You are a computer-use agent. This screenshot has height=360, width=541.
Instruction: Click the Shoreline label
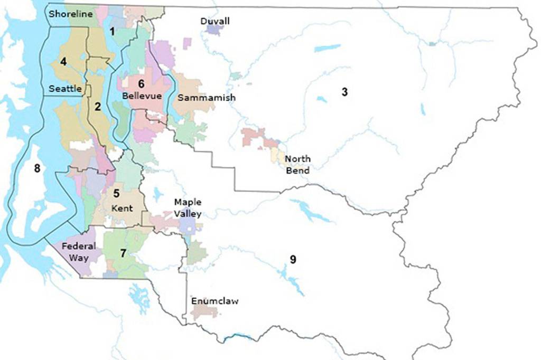pos(71,14)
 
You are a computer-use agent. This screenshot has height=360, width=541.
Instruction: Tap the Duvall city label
pos(215,21)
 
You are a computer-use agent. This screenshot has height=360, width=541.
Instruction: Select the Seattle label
pos(65,89)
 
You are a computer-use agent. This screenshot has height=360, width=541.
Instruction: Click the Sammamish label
pos(207,98)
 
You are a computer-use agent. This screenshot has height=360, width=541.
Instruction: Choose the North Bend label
pos(297,164)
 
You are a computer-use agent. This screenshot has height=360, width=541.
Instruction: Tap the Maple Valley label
pos(188,208)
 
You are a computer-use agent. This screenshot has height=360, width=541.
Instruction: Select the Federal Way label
pos(79,252)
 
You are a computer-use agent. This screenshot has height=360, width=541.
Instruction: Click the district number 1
pos(112,31)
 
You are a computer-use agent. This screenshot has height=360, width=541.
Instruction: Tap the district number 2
pos(97,107)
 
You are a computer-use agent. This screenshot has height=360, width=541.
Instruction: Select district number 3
pos(344,92)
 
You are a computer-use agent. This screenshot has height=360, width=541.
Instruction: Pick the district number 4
pos(63,62)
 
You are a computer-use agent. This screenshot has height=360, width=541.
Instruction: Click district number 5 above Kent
pos(116,194)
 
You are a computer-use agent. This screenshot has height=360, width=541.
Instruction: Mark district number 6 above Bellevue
pos(141,84)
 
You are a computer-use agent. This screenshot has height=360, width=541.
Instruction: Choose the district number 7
pos(123,253)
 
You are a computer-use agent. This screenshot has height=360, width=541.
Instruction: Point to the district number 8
pos(36,168)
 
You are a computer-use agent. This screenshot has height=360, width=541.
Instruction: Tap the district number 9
pos(293,259)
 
